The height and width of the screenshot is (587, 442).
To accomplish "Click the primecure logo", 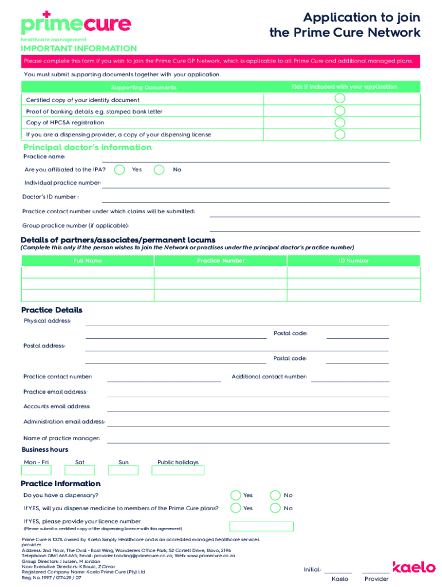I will point(76,24).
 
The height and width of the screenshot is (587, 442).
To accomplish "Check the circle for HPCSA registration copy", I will point(340,123).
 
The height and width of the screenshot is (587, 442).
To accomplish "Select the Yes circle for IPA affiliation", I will point(119,170).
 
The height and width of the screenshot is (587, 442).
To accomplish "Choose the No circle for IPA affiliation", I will point(160,170).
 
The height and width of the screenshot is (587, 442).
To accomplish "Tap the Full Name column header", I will point(88,261).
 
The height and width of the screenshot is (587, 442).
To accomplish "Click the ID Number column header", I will point(354,261).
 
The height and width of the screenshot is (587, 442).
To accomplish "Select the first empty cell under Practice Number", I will point(220,272).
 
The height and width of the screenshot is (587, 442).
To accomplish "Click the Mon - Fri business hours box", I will point(36,471).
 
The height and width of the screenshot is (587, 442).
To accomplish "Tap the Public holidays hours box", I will point(178,471).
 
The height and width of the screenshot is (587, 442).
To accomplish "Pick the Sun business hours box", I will point(123,471).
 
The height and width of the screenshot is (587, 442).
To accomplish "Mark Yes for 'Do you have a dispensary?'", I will point(235,495).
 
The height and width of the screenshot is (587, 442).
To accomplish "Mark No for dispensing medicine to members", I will point(276,508).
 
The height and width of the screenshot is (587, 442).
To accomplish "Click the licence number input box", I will point(261,526).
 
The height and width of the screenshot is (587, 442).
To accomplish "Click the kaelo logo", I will point(414,567).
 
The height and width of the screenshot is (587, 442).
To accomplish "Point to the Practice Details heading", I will point(52,310).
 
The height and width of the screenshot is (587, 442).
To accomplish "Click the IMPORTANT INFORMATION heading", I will point(79,49).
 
